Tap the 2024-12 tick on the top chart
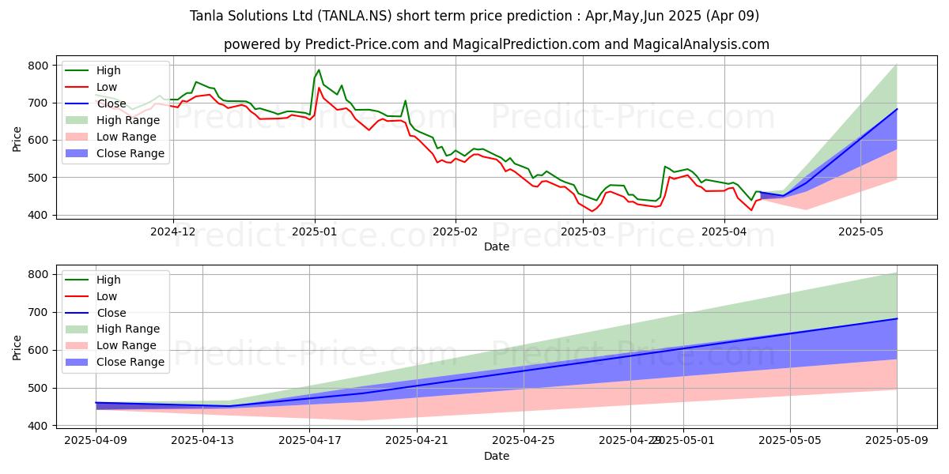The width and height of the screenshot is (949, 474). click(x=173, y=231)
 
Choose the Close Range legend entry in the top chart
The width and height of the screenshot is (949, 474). click(x=130, y=153)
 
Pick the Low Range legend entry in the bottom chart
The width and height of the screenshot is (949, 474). click(x=127, y=345)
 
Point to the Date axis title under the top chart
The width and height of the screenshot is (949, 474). click(x=496, y=246)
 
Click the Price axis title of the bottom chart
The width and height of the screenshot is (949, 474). click(x=17, y=348)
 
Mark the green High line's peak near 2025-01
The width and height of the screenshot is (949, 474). click(x=319, y=70)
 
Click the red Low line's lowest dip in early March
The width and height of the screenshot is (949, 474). click(x=592, y=211)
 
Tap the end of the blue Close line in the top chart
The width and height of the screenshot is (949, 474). click(x=896, y=109)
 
